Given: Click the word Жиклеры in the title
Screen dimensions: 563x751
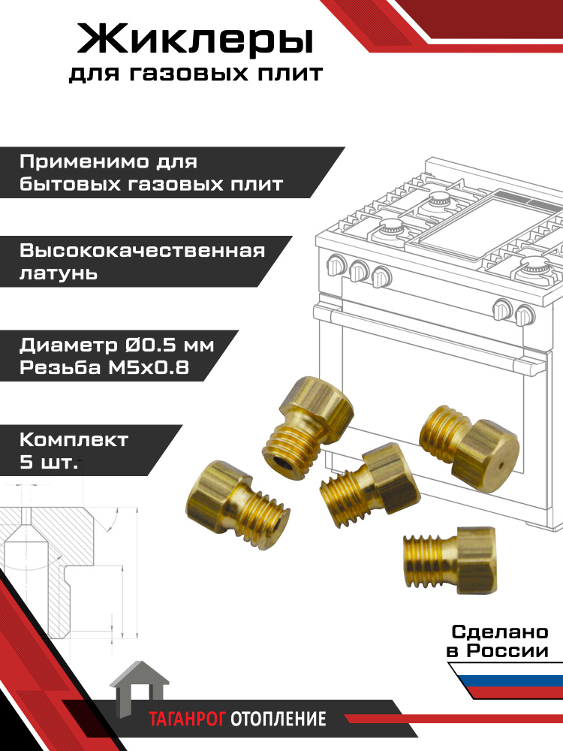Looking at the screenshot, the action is (195, 40).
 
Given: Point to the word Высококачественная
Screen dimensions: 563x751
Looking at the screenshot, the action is (142, 251).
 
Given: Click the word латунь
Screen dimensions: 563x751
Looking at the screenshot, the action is (59, 273).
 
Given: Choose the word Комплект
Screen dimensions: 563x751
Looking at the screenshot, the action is (74, 439).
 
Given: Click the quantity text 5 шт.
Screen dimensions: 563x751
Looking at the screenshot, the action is (48, 463).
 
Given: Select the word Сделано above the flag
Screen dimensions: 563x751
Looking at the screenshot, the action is (500, 632).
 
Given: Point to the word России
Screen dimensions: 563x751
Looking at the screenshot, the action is (507, 651).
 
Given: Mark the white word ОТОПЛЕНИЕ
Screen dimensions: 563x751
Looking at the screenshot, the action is (278, 719).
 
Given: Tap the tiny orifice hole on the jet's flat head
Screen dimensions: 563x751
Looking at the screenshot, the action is (500, 465).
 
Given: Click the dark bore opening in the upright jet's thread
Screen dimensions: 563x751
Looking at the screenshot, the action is (280, 462).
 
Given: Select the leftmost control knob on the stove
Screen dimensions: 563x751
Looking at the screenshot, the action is (336, 266).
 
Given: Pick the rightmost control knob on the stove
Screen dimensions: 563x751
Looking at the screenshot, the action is (524, 315).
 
